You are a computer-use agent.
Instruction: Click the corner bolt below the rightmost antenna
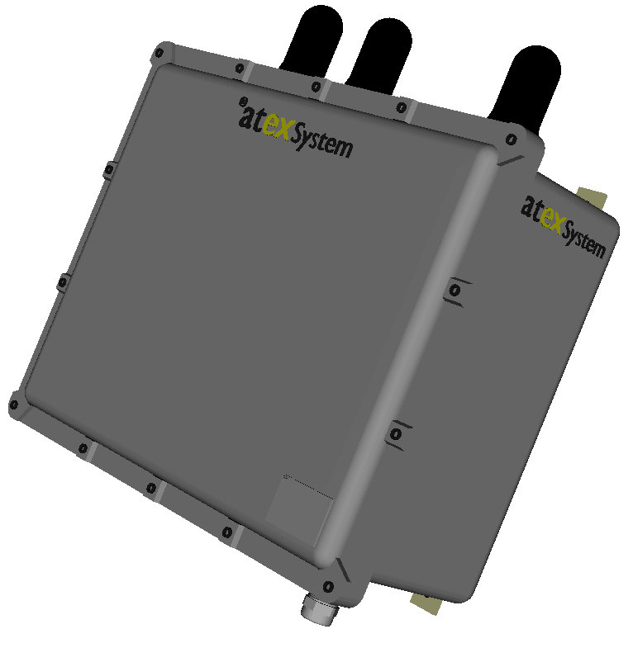pos(512,138)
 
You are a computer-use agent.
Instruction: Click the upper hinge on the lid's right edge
pos(455,291)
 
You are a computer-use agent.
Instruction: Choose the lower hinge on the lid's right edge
pos(397,433)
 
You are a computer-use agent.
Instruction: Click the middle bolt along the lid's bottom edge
pos(150,487)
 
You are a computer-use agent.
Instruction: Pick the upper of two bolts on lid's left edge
pos(108,170)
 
